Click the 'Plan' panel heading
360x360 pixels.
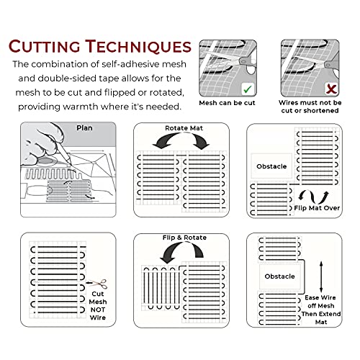pyautogui.click(x=85, y=129)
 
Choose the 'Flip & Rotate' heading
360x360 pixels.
pyautogui.click(x=181, y=238)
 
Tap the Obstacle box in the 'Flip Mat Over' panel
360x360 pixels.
pyautogui.click(x=271, y=166)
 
